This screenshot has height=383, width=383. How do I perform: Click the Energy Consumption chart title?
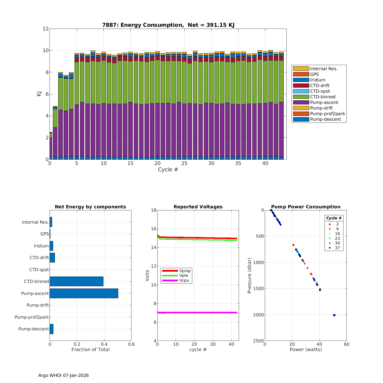pyautogui.click(x=168, y=25)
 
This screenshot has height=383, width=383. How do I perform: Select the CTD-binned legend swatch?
pyautogui.click(x=301, y=97)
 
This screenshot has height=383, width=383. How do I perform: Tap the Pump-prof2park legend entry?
pyautogui.click(x=327, y=114)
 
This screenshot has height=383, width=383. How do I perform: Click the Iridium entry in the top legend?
pyautogui.click(x=318, y=80)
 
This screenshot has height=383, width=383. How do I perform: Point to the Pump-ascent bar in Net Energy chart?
pyautogui.click(x=84, y=293)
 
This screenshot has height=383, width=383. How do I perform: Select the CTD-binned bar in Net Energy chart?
pyautogui.click(x=76, y=281)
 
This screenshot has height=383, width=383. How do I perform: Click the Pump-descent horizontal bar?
pyautogui.click(x=51, y=329)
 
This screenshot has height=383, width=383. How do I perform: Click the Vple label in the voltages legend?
pyautogui.click(x=184, y=276)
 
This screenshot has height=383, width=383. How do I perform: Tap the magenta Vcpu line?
pyautogui.click(x=199, y=313)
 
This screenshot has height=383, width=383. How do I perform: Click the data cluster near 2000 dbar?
pyautogui.click(x=334, y=315)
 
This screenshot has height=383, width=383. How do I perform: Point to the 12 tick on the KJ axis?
pyautogui.click(x=46, y=29)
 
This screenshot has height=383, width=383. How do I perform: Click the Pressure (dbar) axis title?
pyautogui.click(x=249, y=276)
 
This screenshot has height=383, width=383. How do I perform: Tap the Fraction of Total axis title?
pyautogui.click(x=90, y=350)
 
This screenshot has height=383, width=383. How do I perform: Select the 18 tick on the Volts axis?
pyautogui.click(x=154, y=210)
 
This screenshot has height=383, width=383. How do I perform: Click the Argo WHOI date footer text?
pyautogui.click(x=64, y=375)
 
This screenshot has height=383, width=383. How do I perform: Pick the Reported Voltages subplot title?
pyautogui.click(x=198, y=207)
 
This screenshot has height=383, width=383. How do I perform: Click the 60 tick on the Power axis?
pyautogui.click(x=346, y=344)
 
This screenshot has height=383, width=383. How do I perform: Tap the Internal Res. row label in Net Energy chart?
pyautogui.click(x=35, y=222)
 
